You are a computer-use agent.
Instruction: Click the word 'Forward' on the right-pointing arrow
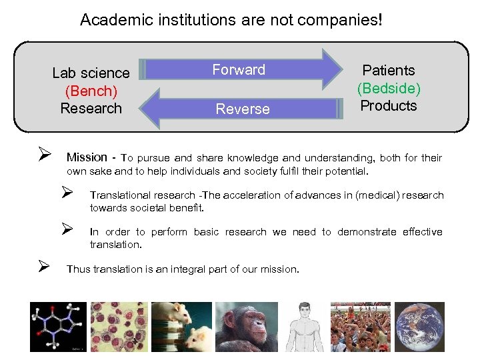point(239,70)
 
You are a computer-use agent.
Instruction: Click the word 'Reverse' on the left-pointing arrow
point(243,109)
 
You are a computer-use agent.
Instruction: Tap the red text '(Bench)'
point(91,91)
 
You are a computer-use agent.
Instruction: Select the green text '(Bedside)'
point(389,88)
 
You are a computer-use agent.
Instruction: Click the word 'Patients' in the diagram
point(389,71)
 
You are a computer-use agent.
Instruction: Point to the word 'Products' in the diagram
point(389,106)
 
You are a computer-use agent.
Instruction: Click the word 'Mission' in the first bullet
point(87,158)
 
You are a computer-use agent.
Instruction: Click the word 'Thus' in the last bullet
point(77,269)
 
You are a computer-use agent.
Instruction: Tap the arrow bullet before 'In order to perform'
point(66,230)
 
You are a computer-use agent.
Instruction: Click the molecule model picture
point(58,327)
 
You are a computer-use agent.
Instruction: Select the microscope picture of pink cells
point(119,327)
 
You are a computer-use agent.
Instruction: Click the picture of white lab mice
point(181,327)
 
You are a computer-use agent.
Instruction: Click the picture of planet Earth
point(419,327)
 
